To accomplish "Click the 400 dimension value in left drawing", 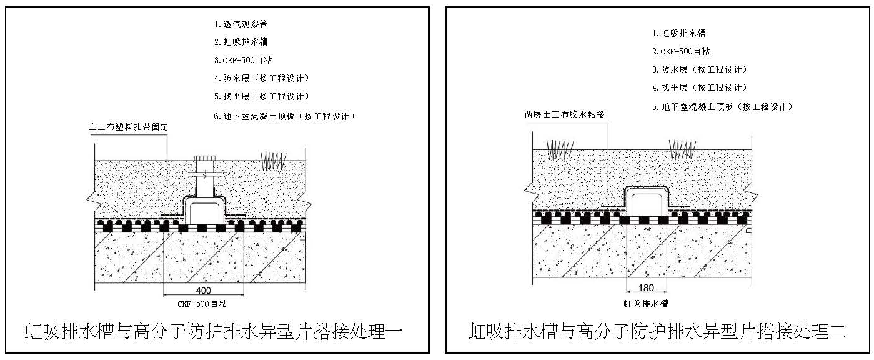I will click(x=203, y=290).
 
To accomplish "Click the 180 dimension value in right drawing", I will click(x=646, y=288).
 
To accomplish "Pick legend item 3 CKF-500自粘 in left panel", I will click(x=242, y=60).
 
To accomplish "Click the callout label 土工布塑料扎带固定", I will click(x=130, y=127).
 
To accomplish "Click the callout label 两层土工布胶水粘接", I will click(x=565, y=115).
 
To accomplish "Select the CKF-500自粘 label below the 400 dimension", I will click(x=203, y=304).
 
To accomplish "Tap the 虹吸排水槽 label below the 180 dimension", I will click(x=646, y=304).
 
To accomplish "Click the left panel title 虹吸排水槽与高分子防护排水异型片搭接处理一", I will click(x=217, y=331).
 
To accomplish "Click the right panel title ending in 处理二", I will click(x=657, y=331).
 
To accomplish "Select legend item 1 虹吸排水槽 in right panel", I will click(x=678, y=33).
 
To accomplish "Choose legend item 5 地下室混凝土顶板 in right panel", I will click(x=722, y=107).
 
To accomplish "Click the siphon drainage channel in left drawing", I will click(x=203, y=209).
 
